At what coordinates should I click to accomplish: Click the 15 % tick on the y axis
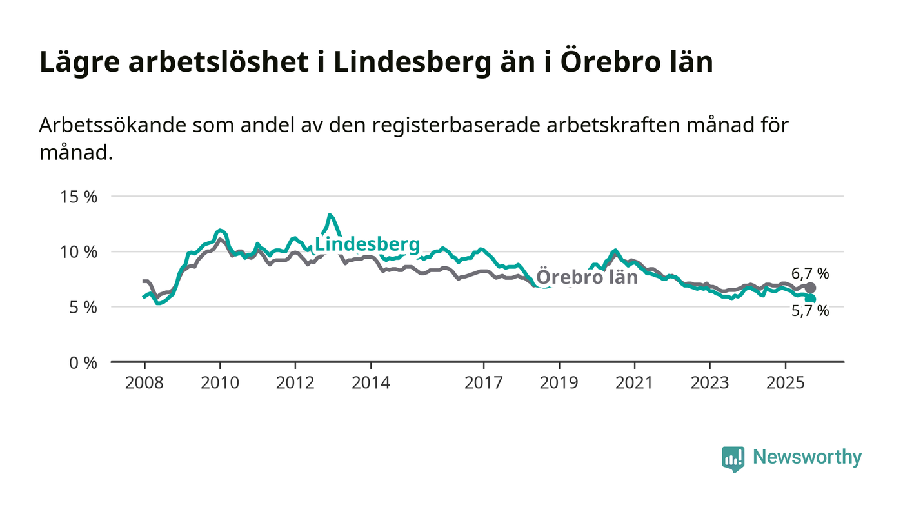pos(79,197)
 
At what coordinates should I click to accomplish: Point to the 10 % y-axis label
pos(79,251)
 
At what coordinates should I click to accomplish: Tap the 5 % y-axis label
pos(83,307)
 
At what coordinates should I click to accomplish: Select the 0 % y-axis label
pos(83,363)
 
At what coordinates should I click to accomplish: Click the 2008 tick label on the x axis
pos(144,383)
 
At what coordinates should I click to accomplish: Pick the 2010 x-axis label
pos(220,383)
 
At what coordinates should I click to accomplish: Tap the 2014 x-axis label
pos(371,383)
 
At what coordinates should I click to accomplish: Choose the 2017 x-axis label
pos(484,383)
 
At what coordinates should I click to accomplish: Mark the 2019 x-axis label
pos(559,383)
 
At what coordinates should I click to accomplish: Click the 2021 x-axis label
pos(635,383)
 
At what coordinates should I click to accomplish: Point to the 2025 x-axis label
pos(785,383)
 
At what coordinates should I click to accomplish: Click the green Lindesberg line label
pos(367,245)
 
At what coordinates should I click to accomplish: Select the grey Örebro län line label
pos(587,277)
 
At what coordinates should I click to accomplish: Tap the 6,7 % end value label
pos(810,273)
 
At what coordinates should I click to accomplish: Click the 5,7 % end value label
pos(810,311)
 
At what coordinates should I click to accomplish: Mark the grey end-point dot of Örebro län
pos(810,288)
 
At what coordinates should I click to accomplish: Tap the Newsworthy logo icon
pos(733,458)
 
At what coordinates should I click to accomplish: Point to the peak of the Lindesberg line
pos(330,215)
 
